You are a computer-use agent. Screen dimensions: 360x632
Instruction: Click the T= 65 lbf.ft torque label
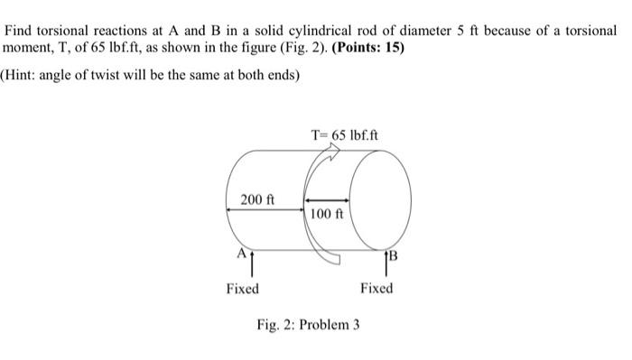(x=345, y=136)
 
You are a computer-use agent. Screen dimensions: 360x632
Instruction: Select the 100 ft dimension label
(x=325, y=214)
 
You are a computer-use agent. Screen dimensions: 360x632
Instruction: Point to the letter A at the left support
(x=240, y=254)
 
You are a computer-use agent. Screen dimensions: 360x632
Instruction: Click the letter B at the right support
(x=395, y=255)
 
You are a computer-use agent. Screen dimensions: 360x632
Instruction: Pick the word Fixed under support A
(x=242, y=289)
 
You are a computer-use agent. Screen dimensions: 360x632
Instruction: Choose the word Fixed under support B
(x=376, y=289)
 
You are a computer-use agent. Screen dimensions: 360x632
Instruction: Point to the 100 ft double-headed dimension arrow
(x=325, y=201)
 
